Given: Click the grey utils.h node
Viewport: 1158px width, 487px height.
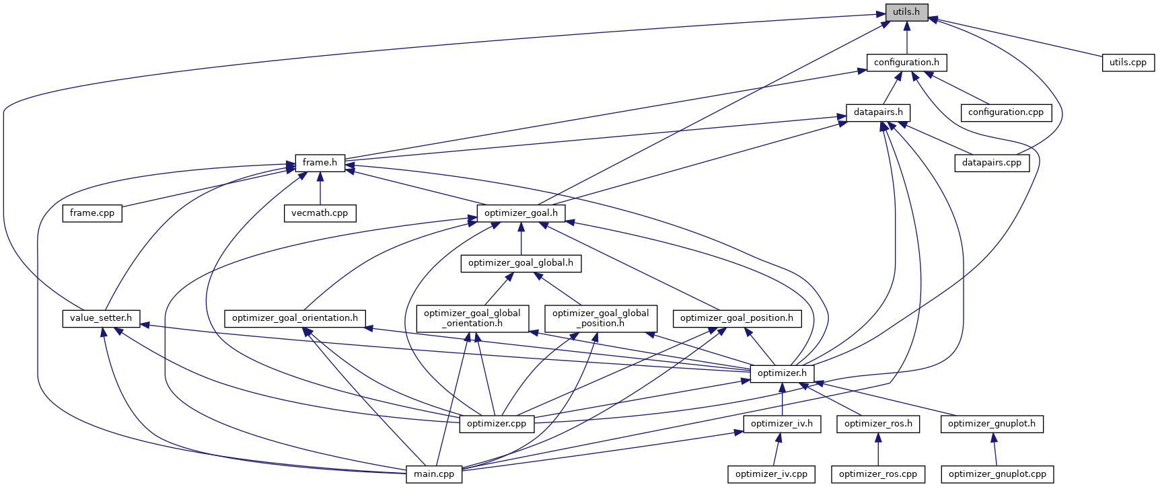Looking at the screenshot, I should click(x=906, y=12).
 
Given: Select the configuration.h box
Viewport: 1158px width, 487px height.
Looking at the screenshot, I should click(x=906, y=63).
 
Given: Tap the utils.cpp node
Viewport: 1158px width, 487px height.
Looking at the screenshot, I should click(x=1128, y=63).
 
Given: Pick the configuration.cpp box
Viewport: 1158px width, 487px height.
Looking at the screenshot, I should click(x=1005, y=112).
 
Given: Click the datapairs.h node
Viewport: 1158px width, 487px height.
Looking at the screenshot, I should click(x=878, y=112).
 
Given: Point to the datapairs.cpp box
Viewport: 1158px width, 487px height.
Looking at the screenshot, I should click(x=991, y=163).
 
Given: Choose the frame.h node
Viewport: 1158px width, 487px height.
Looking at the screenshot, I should click(x=320, y=163).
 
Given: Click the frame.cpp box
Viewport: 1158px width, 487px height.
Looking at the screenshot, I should click(x=92, y=213).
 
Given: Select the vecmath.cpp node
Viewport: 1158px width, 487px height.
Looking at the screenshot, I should click(x=320, y=213).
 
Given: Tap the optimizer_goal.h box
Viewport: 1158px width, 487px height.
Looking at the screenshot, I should click(x=521, y=213).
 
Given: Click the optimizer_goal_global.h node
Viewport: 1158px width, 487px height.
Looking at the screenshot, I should click(x=521, y=263).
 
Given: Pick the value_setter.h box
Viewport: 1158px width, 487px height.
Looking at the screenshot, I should click(x=101, y=318).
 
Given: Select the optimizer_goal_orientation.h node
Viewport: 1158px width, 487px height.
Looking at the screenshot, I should click(x=295, y=318).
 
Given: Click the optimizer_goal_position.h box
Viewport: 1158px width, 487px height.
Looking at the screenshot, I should click(x=736, y=318).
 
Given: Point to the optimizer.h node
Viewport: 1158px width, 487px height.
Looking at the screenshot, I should click(x=782, y=373).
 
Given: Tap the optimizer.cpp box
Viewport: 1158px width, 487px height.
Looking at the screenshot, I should click(x=497, y=424).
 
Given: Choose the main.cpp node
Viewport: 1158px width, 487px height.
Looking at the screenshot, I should click(x=434, y=474).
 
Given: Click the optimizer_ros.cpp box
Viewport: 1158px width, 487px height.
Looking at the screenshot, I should click(x=877, y=474).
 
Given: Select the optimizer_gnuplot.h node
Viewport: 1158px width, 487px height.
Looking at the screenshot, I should click(x=992, y=424).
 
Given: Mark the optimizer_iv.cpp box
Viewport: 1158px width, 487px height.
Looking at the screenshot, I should click(x=771, y=474).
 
